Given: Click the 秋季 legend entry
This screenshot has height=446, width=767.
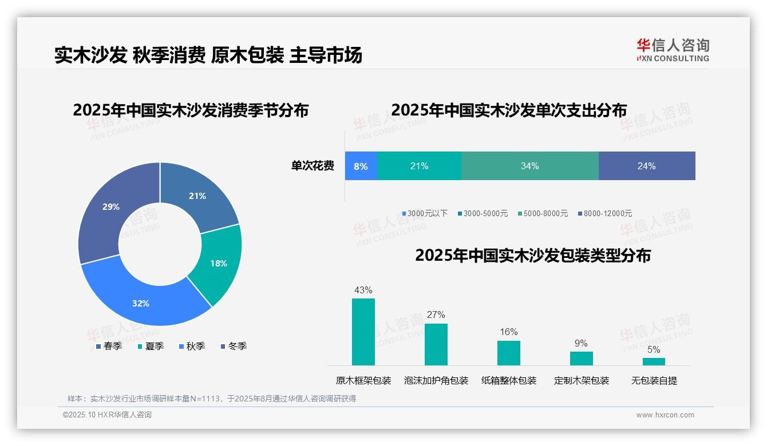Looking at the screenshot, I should click(x=192, y=347).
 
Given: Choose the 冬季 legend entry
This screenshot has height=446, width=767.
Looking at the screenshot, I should click(x=234, y=347).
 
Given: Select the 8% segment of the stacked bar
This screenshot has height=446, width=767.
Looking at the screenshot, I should click(x=361, y=166).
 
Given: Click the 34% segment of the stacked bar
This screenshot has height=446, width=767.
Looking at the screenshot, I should click(x=529, y=166).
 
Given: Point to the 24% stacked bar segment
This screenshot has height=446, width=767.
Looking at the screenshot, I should click(x=646, y=166).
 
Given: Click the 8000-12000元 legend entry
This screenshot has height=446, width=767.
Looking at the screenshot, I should click(x=604, y=214).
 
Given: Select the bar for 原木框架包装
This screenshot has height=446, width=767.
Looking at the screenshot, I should click(x=363, y=332).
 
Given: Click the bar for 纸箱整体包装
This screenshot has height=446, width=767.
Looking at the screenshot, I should click(x=508, y=353).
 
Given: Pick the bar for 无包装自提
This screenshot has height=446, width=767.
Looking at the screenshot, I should click(x=654, y=361).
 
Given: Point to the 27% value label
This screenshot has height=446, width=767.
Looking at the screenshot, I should click(x=436, y=315).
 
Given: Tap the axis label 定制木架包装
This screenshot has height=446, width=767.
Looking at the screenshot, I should click(x=582, y=381).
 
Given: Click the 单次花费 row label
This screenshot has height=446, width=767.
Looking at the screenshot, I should click(x=313, y=166).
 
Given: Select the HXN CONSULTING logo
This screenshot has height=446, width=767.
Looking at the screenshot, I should click(x=673, y=50).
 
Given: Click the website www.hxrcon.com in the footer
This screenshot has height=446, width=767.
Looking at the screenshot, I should click(x=665, y=415).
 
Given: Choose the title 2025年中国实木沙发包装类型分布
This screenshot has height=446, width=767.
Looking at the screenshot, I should click(x=533, y=256).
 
